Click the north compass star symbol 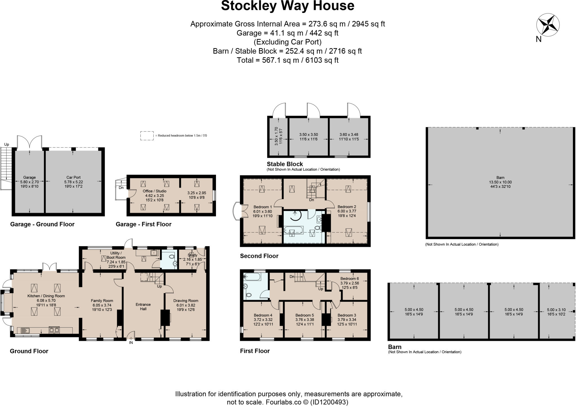tap(548, 25)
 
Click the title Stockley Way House tap(287, 6)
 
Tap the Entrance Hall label tap(143, 307)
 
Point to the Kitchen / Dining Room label tap(46, 296)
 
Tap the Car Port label tap(73, 177)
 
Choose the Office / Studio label tap(154, 191)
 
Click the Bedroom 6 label tap(350, 279)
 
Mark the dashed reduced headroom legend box tap(147, 136)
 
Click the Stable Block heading tap(285, 164)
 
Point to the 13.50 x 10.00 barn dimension tap(500, 182)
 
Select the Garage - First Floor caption tap(143, 224)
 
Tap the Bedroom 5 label tap(305, 315)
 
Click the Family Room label tap(102, 301)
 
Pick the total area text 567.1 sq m tap(287, 60)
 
